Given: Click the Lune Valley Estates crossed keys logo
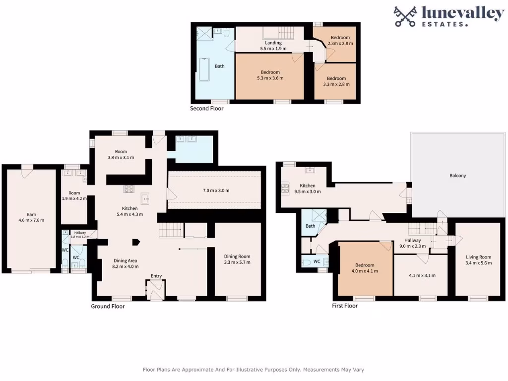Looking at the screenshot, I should [x=405, y=16].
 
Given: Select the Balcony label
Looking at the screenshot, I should [x=457, y=176].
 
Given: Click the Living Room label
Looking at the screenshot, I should [x=478, y=257].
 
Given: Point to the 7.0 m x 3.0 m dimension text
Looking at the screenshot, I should [x=216, y=190].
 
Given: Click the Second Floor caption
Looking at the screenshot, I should [x=206, y=108].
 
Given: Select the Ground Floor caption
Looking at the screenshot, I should [x=108, y=306].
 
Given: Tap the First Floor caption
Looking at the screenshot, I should [x=344, y=306].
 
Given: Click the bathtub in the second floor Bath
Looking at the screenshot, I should [x=203, y=69].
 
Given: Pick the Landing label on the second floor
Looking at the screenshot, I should [x=273, y=43].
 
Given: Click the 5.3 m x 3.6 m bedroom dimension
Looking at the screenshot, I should [x=270, y=78].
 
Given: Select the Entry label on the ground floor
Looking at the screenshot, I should [x=156, y=276].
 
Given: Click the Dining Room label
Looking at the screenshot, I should [x=237, y=256].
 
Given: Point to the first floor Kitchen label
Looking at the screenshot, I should [x=305, y=186].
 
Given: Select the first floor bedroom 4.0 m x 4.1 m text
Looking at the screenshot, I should [x=365, y=271].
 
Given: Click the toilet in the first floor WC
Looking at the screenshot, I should [x=307, y=262].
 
